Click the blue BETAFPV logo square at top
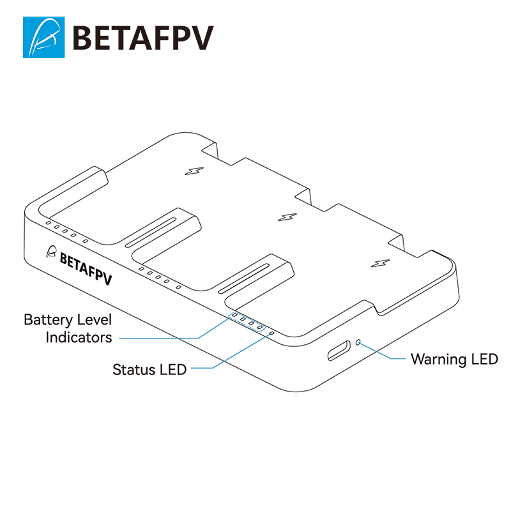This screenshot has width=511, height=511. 43,37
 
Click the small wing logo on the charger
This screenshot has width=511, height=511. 52,252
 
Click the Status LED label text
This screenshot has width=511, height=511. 149,369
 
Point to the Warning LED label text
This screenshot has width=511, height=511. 454,359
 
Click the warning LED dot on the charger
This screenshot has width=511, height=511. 358,342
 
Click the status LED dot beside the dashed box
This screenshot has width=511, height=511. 271,333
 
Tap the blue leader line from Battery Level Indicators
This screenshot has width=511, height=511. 160,337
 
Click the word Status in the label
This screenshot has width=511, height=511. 133,369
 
